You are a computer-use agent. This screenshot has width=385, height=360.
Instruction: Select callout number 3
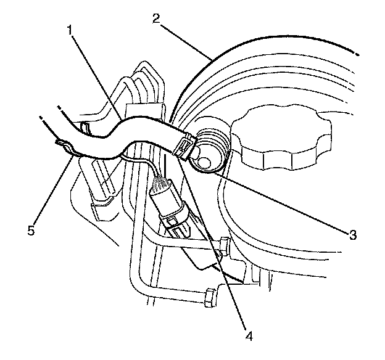[351, 234]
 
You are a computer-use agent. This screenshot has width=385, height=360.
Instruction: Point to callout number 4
[249, 337]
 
